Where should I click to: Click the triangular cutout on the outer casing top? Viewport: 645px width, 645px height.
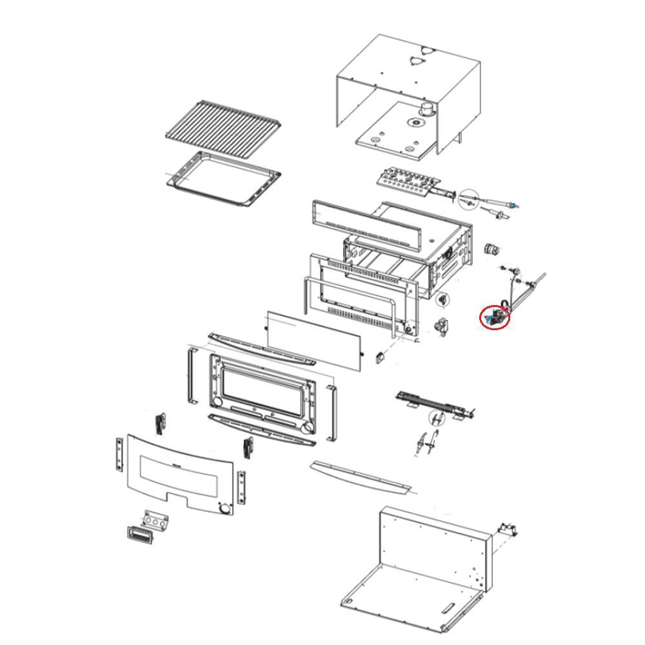point(419,59)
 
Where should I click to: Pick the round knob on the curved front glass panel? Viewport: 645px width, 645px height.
point(224,509)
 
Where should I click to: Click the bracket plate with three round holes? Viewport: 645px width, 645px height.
point(155,520)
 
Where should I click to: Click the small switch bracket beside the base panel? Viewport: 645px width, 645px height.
point(508,530)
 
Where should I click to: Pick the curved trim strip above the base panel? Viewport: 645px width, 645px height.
point(359,477)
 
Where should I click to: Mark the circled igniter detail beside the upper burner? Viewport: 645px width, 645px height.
point(469,199)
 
